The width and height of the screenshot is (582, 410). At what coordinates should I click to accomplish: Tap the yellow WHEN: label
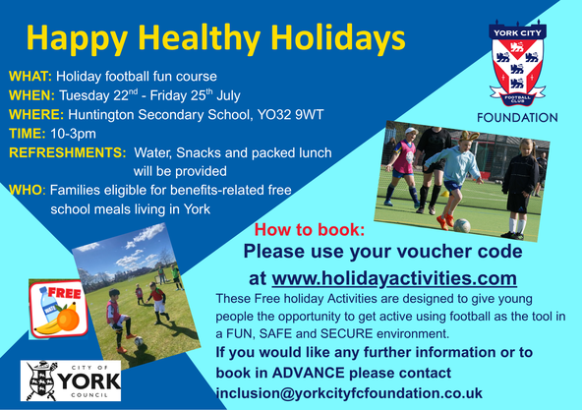coord(31,95)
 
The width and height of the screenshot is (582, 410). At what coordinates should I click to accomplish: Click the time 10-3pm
coord(73,134)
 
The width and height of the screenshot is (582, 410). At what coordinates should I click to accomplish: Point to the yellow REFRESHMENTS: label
coord(68,152)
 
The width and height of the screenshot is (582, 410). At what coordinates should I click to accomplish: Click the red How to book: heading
coord(310,229)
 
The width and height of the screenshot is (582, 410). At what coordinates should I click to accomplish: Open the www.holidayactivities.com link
coord(394,278)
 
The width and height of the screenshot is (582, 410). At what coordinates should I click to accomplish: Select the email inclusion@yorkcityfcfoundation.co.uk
coord(349,393)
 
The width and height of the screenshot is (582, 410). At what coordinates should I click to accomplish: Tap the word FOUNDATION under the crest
coord(517,118)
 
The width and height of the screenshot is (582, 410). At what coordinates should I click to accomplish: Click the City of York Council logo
coord(71,381)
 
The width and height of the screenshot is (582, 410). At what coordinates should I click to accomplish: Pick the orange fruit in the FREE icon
coord(68,320)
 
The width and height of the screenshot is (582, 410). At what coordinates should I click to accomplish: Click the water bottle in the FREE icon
coord(49,305)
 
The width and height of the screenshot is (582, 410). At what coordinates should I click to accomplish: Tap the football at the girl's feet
coord(462,225)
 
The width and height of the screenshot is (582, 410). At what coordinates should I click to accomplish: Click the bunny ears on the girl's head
coord(468,136)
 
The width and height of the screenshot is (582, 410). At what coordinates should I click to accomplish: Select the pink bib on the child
coord(404,156)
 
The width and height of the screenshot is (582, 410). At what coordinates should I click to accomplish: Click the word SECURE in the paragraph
coord(347,333)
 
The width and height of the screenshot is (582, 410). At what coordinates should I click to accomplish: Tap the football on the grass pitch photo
coord(139,341)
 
